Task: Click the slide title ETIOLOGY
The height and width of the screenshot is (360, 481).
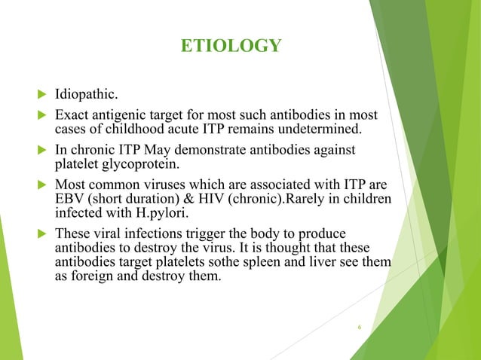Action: click(x=231, y=47)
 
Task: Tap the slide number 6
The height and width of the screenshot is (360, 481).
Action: click(x=360, y=328)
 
